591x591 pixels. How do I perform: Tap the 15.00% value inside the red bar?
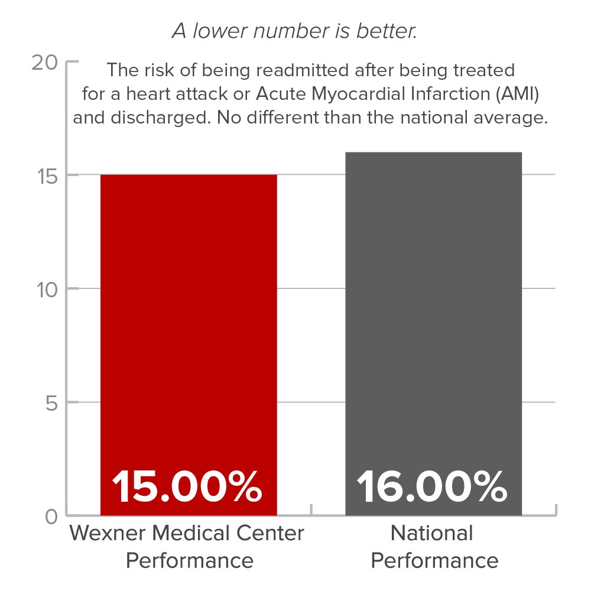coord(187,486)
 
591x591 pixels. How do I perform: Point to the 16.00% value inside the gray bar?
coord(432,486)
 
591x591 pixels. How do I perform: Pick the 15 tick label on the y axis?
coord(45,176)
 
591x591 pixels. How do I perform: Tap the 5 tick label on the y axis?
coord(51,403)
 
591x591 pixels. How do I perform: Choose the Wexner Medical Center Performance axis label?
coord(187,546)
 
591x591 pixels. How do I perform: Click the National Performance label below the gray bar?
coord(433,546)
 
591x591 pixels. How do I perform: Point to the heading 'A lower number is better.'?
coord(294,31)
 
